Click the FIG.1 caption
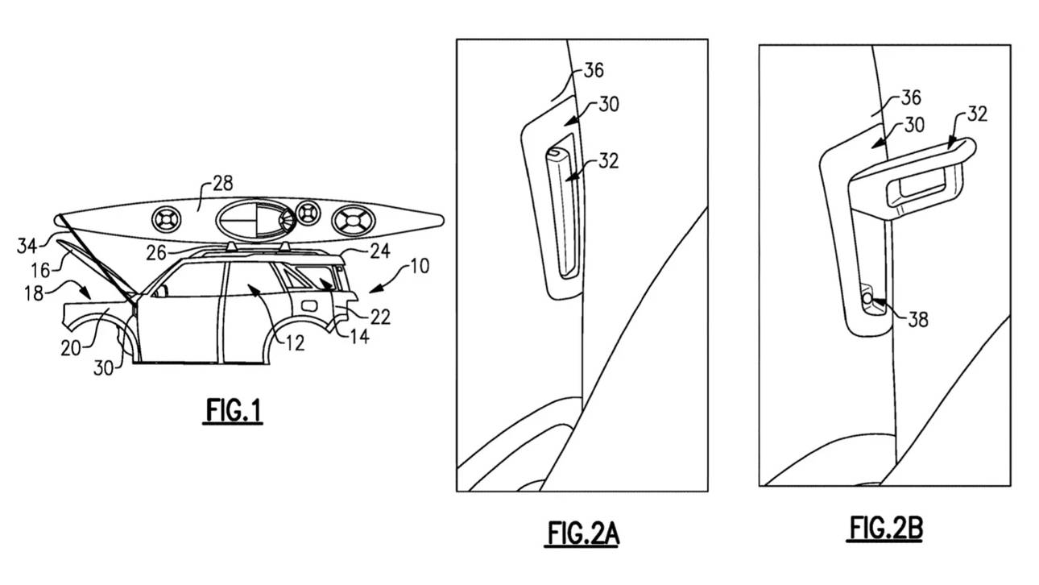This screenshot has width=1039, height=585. [233, 411]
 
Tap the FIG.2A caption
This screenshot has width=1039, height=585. [582, 533]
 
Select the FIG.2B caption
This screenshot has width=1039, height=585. [885, 529]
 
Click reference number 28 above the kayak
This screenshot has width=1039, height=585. [222, 184]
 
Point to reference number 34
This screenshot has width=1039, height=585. [27, 246]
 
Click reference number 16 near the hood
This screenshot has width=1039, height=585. [40, 271]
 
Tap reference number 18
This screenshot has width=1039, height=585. [34, 293]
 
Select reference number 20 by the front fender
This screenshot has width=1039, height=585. [71, 348]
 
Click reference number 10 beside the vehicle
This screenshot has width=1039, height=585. [420, 266]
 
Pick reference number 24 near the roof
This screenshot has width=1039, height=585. [380, 251]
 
